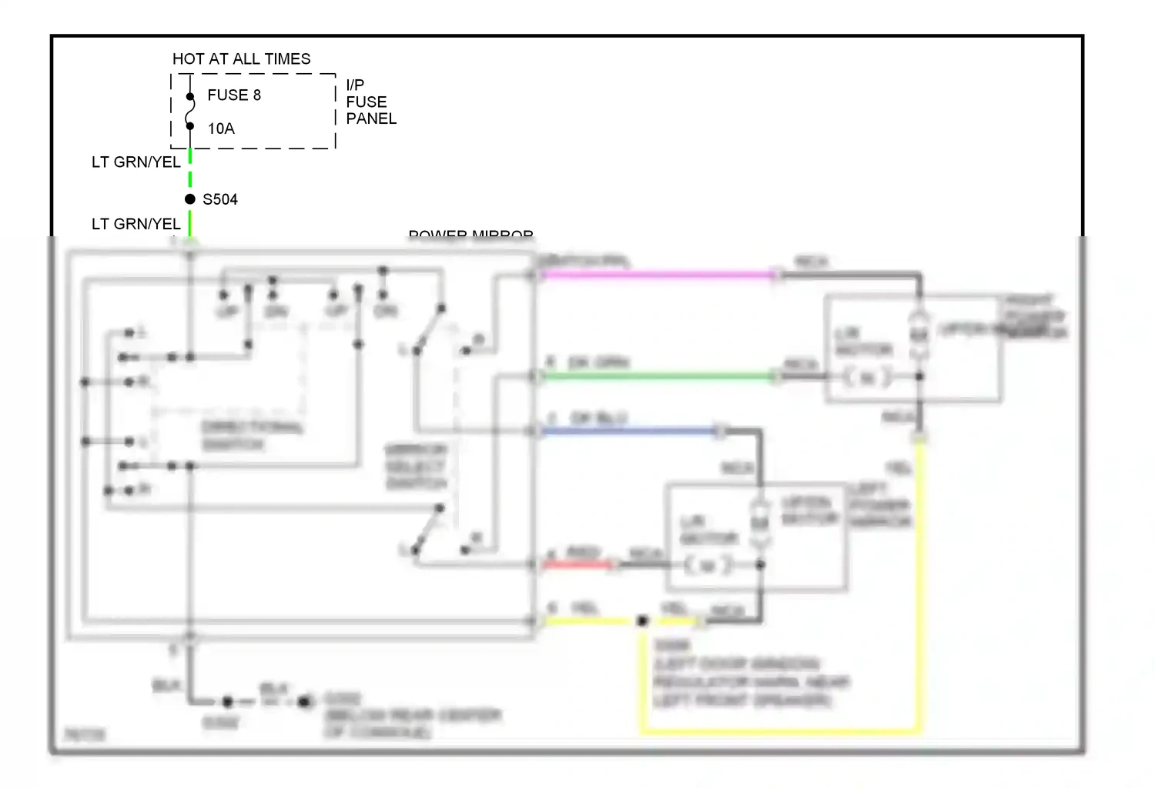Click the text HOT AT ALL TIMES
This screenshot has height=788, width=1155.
(x=241, y=59)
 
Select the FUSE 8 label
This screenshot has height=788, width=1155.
(x=234, y=95)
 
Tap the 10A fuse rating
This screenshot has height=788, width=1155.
(x=221, y=129)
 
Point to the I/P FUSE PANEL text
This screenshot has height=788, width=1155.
(x=370, y=102)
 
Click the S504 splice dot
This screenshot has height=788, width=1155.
(x=190, y=199)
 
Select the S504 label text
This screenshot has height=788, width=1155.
(x=220, y=200)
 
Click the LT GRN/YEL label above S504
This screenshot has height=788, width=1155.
(x=136, y=162)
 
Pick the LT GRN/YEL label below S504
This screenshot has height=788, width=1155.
(x=136, y=224)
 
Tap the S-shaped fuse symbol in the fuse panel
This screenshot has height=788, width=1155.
(x=190, y=112)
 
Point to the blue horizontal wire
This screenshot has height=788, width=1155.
(x=631, y=431)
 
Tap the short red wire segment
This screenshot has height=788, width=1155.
(x=577, y=565)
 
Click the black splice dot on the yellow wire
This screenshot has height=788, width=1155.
(x=642, y=621)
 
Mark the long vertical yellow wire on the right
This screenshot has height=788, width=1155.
(x=919, y=585)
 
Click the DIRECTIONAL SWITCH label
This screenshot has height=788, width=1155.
(x=253, y=436)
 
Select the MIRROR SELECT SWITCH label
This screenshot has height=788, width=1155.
(x=416, y=466)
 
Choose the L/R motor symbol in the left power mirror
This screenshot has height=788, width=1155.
(x=707, y=566)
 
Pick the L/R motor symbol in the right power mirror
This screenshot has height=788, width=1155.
(x=867, y=377)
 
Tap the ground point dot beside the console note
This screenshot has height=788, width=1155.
(x=306, y=701)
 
